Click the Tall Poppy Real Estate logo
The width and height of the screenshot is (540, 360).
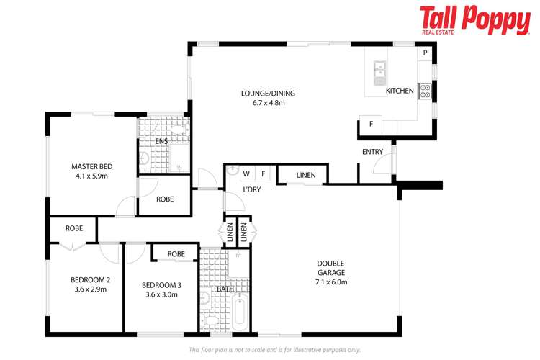(x=475, y=20)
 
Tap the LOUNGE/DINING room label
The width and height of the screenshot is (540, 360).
(x=268, y=94)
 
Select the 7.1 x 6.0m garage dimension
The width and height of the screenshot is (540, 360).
(x=331, y=282)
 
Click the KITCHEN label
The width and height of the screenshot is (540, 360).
(x=400, y=91)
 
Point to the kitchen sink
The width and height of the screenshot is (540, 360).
(x=379, y=73)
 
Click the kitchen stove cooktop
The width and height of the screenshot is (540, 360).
(x=425, y=91)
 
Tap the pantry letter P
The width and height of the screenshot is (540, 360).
(x=425, y=53)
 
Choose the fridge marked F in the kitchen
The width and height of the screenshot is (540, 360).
(x=371, y=124)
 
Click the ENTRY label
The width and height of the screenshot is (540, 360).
(x=372, y=152)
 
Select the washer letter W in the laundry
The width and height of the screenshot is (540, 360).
(x=246, y=174)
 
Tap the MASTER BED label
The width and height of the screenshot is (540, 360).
(x=92, y=166)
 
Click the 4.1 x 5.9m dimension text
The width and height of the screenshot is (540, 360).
(x=92, y=176)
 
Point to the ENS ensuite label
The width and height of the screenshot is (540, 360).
(x=161, y=141)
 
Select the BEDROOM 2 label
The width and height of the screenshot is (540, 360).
(x=90, y=280)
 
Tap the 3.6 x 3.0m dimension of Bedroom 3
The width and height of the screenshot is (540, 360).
(x=161, y=294)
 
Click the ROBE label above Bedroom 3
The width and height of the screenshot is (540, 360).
(x=176, y=254)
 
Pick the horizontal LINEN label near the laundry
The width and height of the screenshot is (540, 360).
(x=306, y=175)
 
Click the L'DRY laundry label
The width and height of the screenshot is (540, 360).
(x=252, y=189)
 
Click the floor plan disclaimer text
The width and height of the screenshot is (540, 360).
(x=274, y=350)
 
